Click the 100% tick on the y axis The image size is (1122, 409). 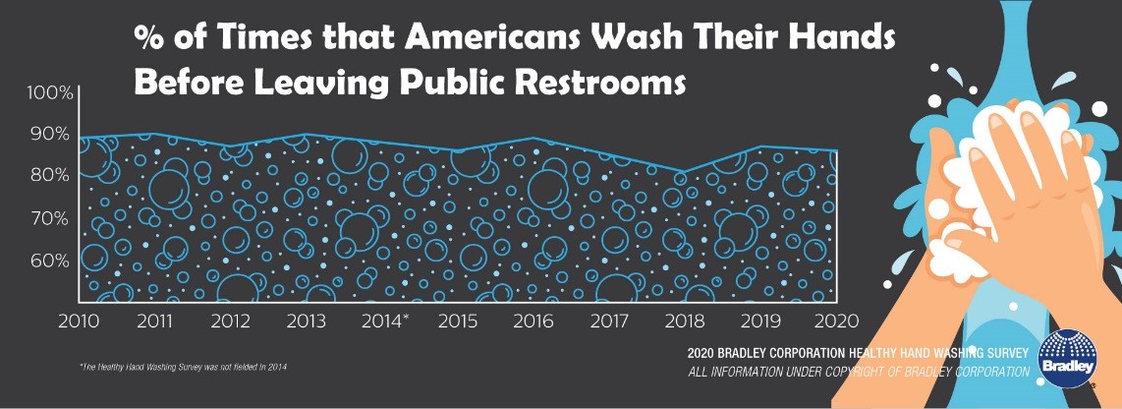pos(49,93)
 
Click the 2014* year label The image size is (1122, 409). pos(386,321)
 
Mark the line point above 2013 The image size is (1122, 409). pos(307,134)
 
